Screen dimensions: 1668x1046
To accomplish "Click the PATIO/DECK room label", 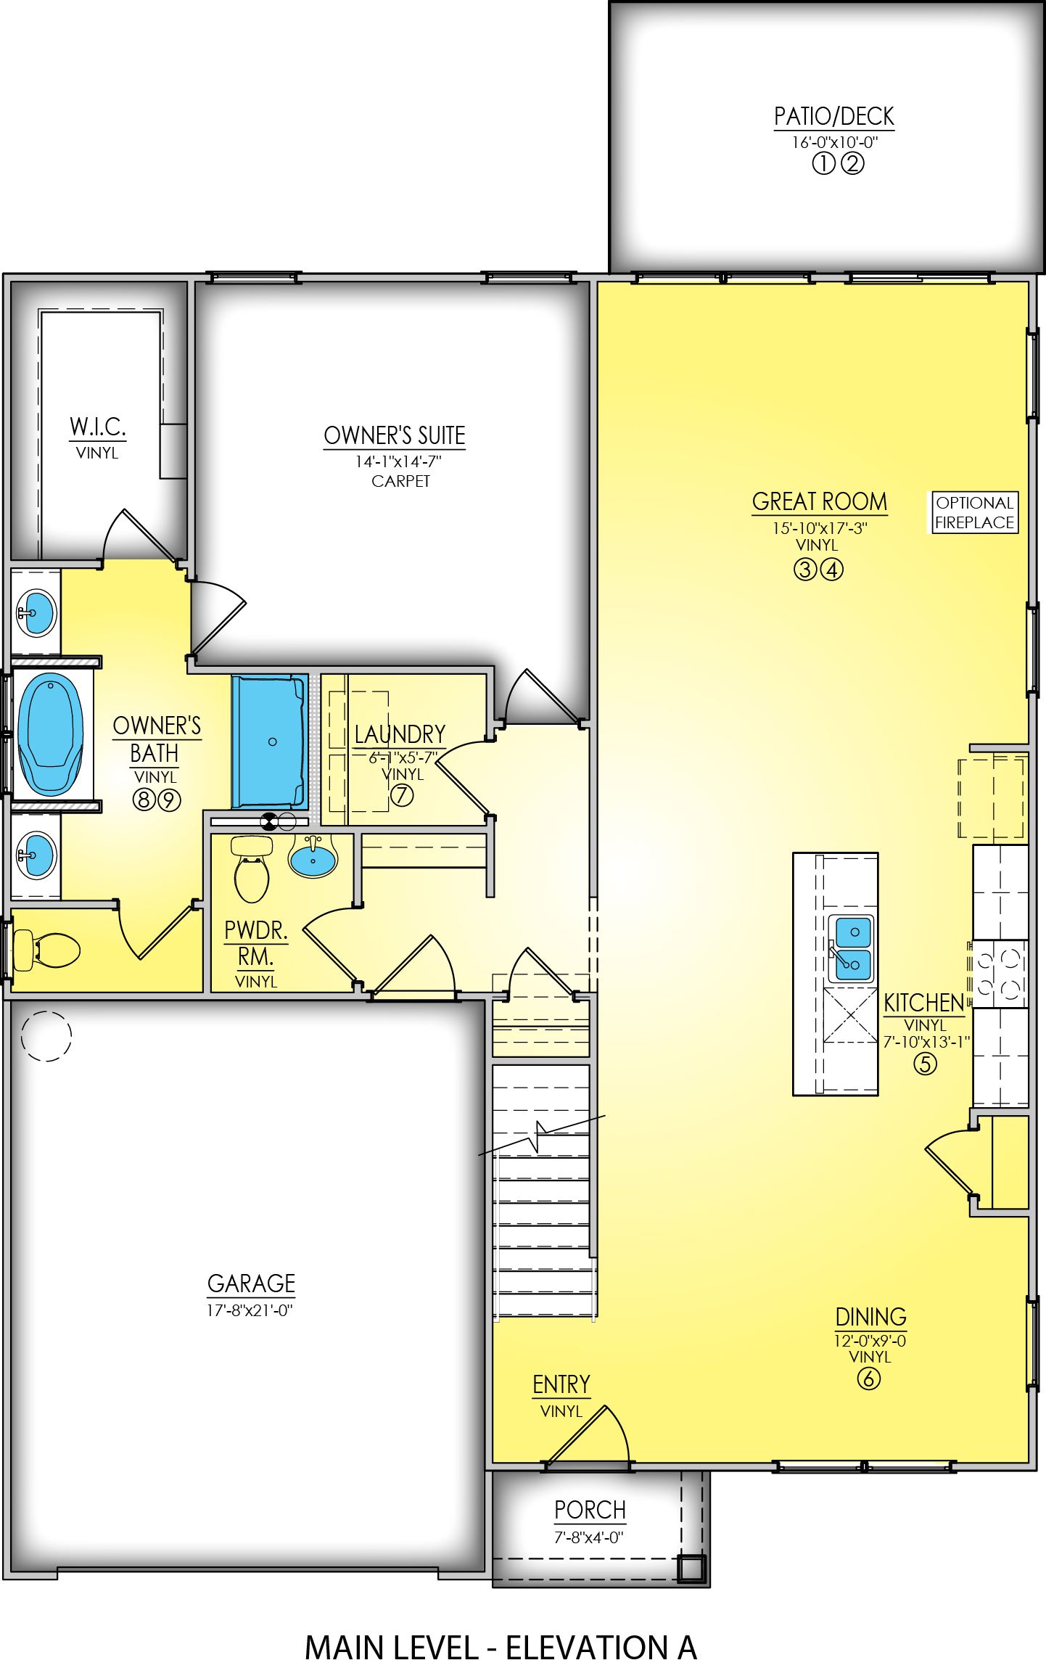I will click(x=833, y=116).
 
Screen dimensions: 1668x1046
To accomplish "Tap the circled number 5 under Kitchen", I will click(x=924, y=1064).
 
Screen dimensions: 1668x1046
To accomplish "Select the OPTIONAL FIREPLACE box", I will click(x=974, y=512).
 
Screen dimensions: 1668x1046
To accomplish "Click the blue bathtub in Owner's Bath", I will click(x=50, y=734).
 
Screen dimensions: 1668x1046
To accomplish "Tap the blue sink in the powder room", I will click(x=313, y=858).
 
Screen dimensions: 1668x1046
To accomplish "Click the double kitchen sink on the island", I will click(x=850, y=948).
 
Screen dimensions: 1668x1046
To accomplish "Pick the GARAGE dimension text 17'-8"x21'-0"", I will click(x=250, y=1310).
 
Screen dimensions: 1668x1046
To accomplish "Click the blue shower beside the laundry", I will click(x=268, y=741).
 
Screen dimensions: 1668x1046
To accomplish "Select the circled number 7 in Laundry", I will click(x=402, y=795).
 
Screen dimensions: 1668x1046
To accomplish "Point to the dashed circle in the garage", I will click(x=46, y=1036).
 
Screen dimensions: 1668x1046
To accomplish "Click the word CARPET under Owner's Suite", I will click(x=400, y=481).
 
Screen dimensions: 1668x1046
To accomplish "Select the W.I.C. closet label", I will click(x=98, y=427).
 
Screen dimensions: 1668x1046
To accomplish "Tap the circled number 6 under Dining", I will click(x=868, y=1378).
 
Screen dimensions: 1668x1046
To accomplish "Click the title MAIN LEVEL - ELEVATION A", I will click(x=501, y=1648).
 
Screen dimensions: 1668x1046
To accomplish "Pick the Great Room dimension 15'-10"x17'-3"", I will click(x=820, y=528).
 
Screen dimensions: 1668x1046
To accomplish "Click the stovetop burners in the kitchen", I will click(x=999, y=974).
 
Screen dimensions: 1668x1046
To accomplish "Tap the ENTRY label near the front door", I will click(x=561, y=1384).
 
